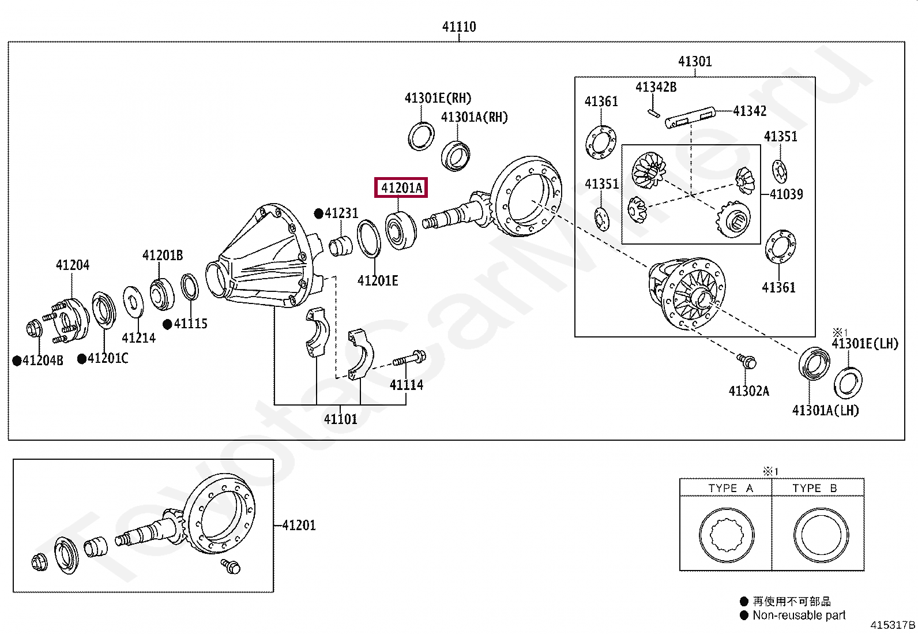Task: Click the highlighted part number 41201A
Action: coord(401,187)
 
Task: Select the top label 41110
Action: coord(459,27)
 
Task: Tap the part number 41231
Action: coord(341,213)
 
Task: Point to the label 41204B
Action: coord(43,361)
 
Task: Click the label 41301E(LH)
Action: coord(865,344)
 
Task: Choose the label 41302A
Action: coord(748,391)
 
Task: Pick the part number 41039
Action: coord(786,194)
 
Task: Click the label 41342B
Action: coord(656,87)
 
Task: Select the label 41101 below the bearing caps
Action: coord(340,419)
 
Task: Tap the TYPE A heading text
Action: coord(731,489)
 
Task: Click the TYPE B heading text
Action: coord(814,489)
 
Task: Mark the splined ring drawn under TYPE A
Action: coord(727,535)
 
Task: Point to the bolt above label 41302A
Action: coord(747,361)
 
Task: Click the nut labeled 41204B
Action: coord(35,329)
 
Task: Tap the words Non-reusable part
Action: coord(799,616)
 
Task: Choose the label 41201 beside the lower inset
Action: coord(299,526)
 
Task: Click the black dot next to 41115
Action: coord(167,324)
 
